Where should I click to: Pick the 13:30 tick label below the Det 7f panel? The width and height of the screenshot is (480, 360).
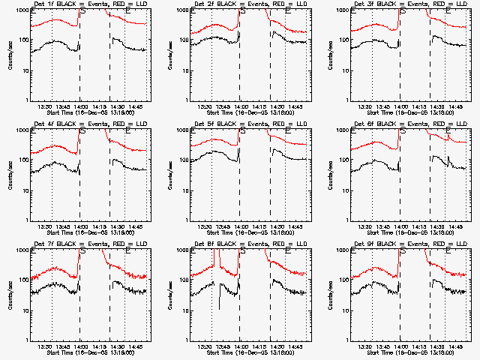52,346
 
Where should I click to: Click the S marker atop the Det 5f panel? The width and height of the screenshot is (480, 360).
242,132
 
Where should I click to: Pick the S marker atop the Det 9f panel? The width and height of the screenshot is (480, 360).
403,252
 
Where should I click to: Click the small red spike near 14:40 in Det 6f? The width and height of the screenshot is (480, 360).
448,136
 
